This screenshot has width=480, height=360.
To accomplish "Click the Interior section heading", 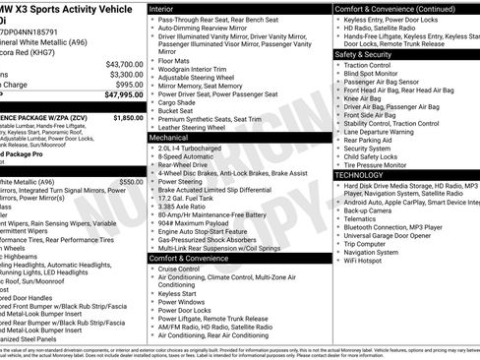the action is tap(162, 8).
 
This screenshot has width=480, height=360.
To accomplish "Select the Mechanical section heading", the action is tap(169, 138).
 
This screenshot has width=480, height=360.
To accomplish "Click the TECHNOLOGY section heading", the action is tap(359, 174).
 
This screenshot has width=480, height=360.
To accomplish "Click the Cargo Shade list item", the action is tap(177, 101).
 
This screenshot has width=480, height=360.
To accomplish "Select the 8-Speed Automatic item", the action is tap(185, 155).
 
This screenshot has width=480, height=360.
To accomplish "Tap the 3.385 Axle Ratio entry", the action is tap(183, 207).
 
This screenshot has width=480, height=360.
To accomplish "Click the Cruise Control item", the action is tap(179, 269).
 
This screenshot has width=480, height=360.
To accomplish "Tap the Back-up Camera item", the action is tap(368, 210).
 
